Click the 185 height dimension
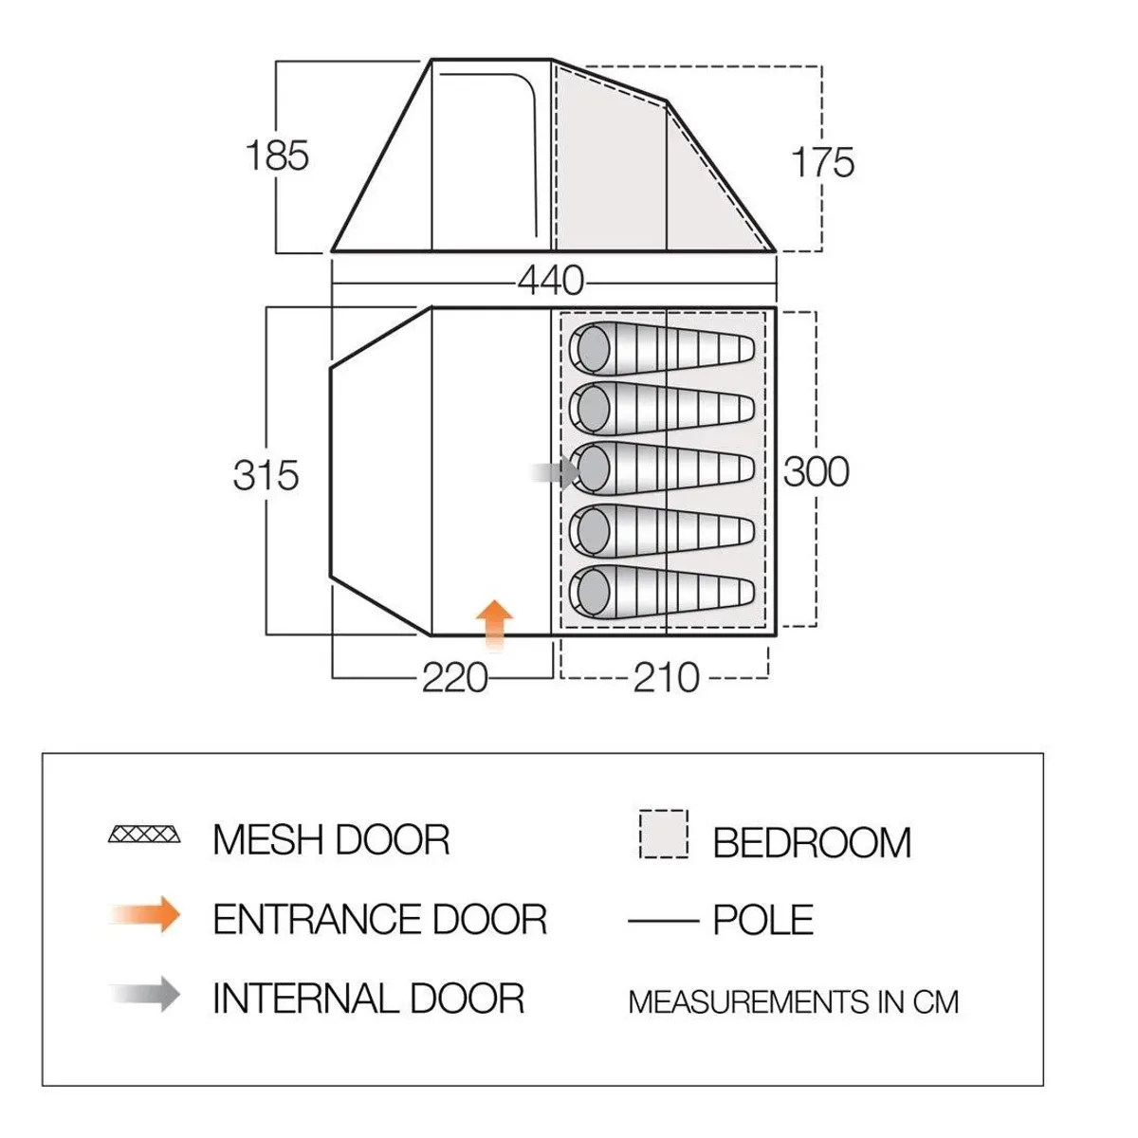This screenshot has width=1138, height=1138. [x=277, y=156]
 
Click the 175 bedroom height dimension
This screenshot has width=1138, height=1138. [x=822, y=162]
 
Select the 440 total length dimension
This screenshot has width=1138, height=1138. [x=550, y=281]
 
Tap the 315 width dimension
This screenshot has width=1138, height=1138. [x=266, y=474]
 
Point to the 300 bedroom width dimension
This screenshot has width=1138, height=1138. [x=816, y=471]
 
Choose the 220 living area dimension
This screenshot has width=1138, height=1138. [x=454, y=678]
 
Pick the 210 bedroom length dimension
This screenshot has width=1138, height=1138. [x=667, y=678]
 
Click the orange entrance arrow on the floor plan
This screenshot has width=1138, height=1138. [x=493, y=624]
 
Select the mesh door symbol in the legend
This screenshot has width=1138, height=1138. [x=144, y=835]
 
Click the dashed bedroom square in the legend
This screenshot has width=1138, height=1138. [x=664, y=834]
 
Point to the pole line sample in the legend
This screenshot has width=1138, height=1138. [x=662, y=920]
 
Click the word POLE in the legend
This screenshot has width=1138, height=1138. [x=762, y=920]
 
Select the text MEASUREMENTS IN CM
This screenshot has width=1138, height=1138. [x=793, y=1001]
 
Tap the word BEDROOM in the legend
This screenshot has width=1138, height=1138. [x=812, y=842]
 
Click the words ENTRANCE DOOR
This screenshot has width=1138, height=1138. [x=379, y=919]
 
